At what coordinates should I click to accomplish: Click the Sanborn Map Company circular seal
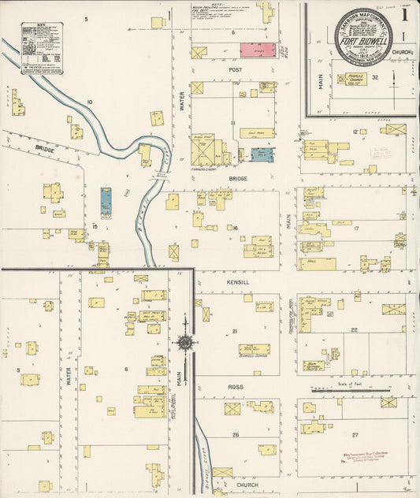[x=363, y=36]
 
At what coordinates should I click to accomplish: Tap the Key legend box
[x=42, y=47]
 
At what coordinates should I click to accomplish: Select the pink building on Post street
[x=257, y=50]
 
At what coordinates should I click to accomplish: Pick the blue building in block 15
[x=106, y=201]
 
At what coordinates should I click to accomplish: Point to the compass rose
[x=184, y=343]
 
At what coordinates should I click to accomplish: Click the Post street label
[x=235, y=69]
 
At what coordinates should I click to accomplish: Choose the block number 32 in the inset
[x=376, y=77]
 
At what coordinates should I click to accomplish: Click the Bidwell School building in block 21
[x=254, y=349]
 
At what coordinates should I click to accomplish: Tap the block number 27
[x=355, y=435]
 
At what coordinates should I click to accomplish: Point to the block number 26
[x=235, y=435]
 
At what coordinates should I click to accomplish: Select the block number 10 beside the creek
[x=89, y=102]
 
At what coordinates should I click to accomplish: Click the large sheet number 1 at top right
[x=403, y=13]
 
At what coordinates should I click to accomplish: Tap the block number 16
[x=235, y=229]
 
